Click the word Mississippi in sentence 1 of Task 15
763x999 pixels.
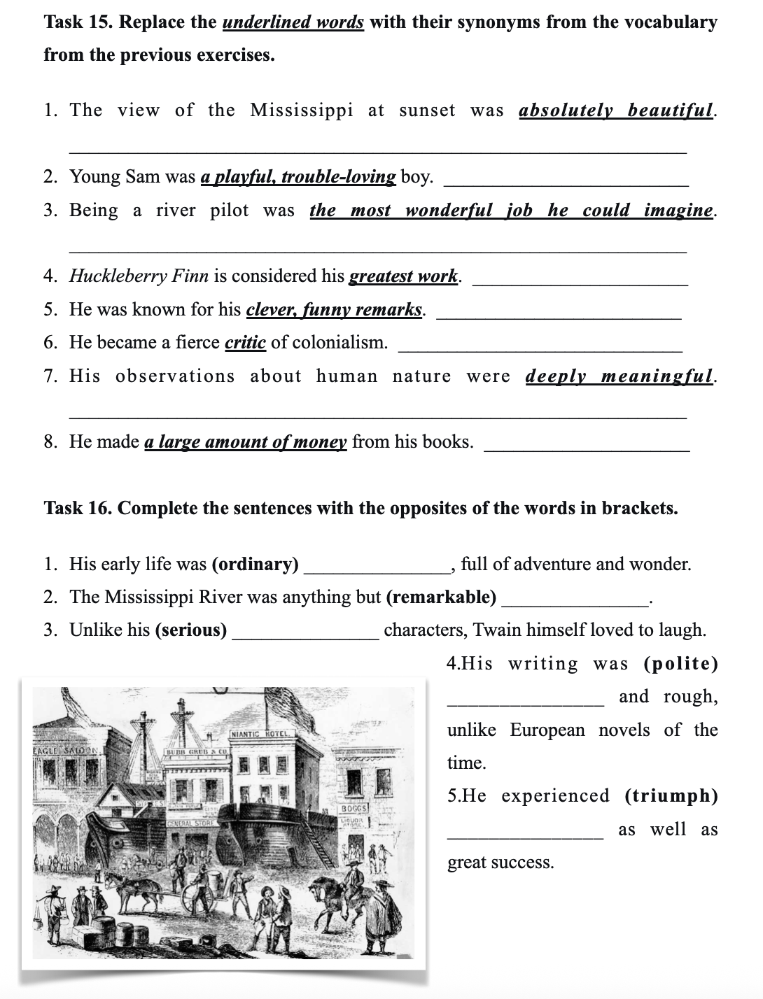[x=302, y=111]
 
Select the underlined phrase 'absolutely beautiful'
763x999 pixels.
[x=617, y=111]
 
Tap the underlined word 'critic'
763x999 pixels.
[x=245, y=342]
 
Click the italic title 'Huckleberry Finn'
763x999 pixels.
[x=139, y=276]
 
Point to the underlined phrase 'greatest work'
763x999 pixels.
[x=403, y=276]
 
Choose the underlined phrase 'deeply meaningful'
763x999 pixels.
[x=620, y=376]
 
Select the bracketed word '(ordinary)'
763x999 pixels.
[x=255, y=565]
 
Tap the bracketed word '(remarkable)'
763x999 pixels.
[x=441, y=597]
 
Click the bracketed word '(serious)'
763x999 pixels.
[x=191, y=630]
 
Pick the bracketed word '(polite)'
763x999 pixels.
[x=680, y=664]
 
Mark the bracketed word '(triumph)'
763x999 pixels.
[x=671, y=796]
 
